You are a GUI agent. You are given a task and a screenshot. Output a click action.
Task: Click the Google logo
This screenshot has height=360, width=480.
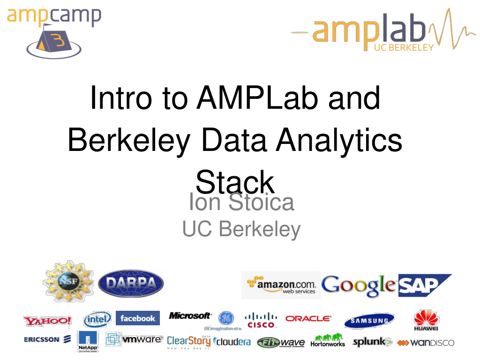(x=359, y=285)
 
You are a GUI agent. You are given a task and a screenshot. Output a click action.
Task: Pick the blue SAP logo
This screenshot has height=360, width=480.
(x=423, y=285)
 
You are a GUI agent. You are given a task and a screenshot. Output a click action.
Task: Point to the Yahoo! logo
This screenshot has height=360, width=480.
(x=48, y=321)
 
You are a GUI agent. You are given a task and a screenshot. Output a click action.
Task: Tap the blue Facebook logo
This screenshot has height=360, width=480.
(x=137, y=318)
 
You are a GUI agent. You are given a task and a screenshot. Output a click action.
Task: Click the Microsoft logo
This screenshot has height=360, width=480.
(x=190, y=316)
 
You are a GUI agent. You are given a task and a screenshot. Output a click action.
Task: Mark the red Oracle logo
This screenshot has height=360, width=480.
(x=308, y=318)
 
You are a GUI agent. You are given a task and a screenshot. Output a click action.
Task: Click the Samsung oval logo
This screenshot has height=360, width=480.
(x=369, y=321)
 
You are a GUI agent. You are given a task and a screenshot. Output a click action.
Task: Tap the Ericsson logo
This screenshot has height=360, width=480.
(x=47, y=339)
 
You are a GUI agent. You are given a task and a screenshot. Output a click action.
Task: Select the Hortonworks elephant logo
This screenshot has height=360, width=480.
(x=328, y=340)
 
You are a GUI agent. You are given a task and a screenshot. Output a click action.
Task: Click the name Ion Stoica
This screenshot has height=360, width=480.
(x=241, y=202)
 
